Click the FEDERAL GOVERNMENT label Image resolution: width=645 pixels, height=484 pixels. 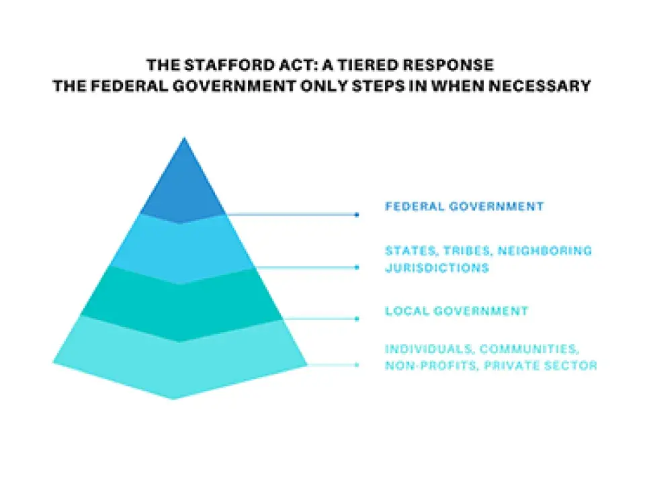[464, 206]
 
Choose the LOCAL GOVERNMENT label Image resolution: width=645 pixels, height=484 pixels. [456, 311]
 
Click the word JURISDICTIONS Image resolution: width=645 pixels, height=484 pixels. [437, 268]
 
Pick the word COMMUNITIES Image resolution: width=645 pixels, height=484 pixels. [529, 349]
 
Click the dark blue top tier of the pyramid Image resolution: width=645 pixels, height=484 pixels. [183, 188]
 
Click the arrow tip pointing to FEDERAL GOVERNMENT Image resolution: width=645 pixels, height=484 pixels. [357, 214]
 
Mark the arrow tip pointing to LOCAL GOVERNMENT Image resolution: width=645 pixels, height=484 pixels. [357, 319]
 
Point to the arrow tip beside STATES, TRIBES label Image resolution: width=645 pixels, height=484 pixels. [357, 267]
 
